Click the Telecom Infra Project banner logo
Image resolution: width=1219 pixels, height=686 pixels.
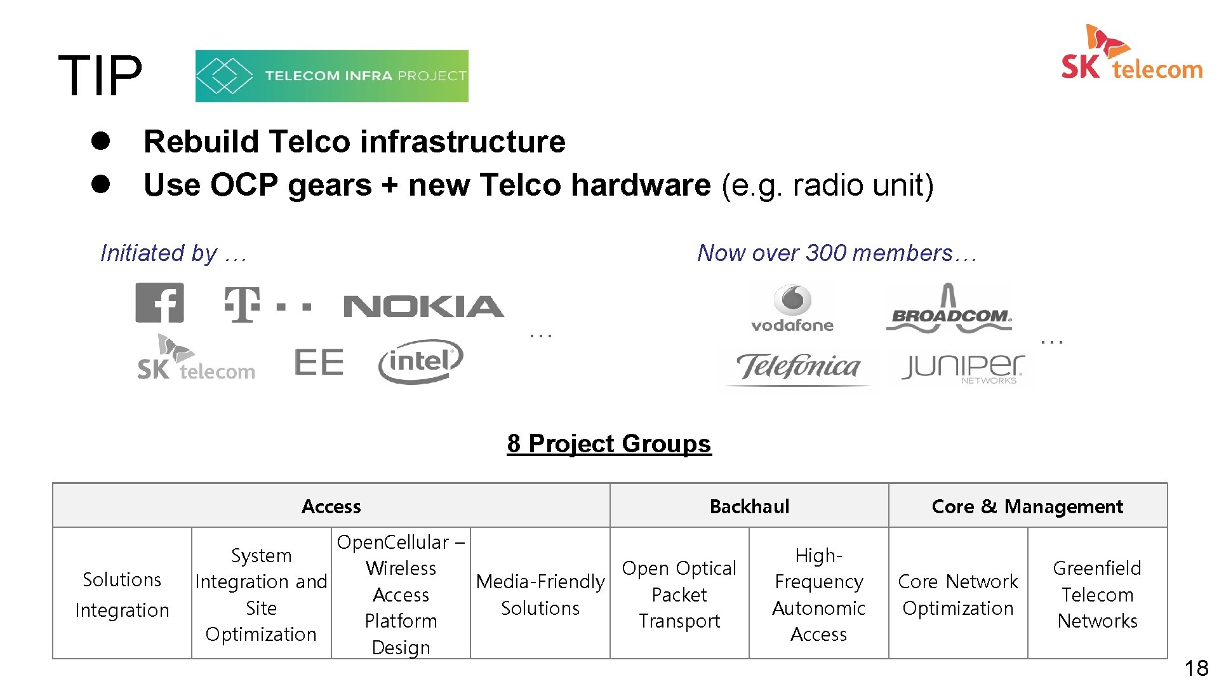click(331, 76)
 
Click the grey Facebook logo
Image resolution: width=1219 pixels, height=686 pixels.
click(159, 303)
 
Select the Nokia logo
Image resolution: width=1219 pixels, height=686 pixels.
click(423, 307)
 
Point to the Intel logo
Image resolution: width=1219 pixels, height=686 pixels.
click(420, 361)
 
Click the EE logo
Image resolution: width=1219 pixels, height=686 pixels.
click(319, 363)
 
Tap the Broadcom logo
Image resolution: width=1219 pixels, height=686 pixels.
click(949, 309)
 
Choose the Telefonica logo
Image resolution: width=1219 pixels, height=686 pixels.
click(798, 368)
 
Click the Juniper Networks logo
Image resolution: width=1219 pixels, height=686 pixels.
click(963, 368)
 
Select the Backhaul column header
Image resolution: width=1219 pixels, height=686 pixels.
click(749, 506)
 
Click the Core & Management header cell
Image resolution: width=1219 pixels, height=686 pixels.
click(1027, 506)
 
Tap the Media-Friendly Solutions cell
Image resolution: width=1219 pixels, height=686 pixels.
click(540, 594)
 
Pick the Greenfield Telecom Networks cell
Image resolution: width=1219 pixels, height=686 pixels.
click(1097, 594)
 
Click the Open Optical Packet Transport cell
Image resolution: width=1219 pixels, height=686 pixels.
click(679, 594)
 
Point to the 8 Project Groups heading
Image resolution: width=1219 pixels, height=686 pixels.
click(609, 443)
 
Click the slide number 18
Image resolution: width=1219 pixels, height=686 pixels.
click(1196, 668)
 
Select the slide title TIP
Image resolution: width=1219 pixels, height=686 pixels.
click(100, 76)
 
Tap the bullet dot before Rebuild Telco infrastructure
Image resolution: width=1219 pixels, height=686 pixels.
click(101, 141)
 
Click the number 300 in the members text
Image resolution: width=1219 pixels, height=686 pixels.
click(826, 253)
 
